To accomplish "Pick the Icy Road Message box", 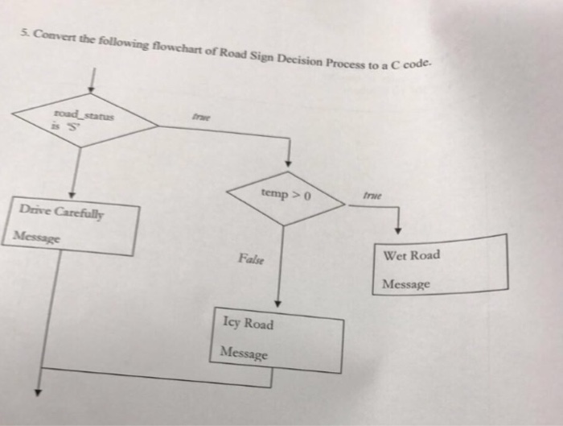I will pyautogui.click(x=278, y=338).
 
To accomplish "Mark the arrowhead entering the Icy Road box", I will pyautogui.click(x=277, y=304).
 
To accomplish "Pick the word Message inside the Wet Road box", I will pyautogui.click(x=406, y=284).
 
